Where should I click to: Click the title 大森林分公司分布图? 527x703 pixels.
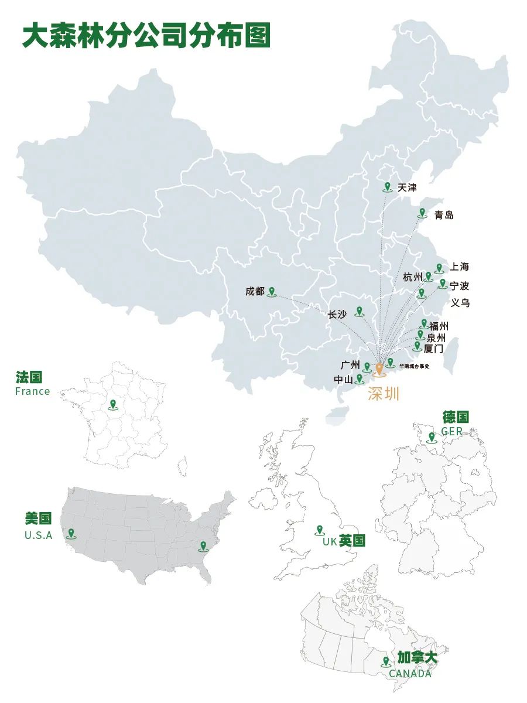click(146, 36)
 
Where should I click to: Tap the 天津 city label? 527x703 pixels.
click(407, 188)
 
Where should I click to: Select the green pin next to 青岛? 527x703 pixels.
click(422, 213)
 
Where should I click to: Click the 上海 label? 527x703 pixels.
click(460, 267)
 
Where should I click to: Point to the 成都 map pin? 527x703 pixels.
click(271, 291)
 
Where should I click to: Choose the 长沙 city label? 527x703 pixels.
click(337, 315)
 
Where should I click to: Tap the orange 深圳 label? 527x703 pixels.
click(384, 394)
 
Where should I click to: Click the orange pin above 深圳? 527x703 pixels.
click(379, 368)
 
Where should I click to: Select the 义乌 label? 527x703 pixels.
click(460, 303)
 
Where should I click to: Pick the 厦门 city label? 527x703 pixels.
click(433, 349)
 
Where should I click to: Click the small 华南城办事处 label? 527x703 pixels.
click(414, 366)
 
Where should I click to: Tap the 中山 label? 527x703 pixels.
click(343, 380)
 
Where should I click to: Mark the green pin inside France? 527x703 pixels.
click(112, 404)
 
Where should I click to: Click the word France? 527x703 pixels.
click(33, 391)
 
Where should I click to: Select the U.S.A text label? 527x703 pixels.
click(38, 535)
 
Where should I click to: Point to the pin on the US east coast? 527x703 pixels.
click(203, 546)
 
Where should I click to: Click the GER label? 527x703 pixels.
click(451, 431)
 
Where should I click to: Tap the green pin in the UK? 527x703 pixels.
click(320, 530)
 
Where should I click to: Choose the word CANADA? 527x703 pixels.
click(410, 674)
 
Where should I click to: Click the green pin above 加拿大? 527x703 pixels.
click(386, 662)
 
